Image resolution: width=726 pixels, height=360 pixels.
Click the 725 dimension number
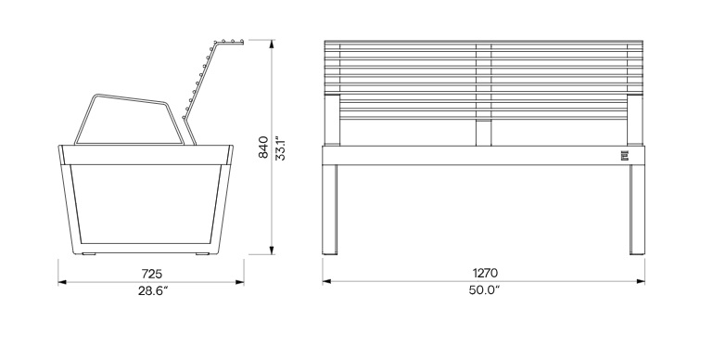pyautogui.click(x=152, y=274)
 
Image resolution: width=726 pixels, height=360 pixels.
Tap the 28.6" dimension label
pyautogui.click(x=153, y=291)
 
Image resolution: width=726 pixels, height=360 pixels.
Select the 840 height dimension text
pyautogui.click(x=263, y=148)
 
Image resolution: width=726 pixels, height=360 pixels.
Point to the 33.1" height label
pyautogui.click(x=280, y=148)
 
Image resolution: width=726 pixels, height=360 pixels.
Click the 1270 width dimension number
pyautogui.click(x=485, y=274)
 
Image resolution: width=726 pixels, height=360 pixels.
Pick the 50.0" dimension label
pyautogui.click(x=484, y=290)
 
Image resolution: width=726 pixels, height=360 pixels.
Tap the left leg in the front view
pyautogui.click(x=330, y=210)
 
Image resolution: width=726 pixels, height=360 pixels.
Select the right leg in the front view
pyautogui.click(x=637, y=210)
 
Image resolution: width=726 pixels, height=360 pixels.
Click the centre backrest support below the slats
pyautogui.click(x=483, y=133)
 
